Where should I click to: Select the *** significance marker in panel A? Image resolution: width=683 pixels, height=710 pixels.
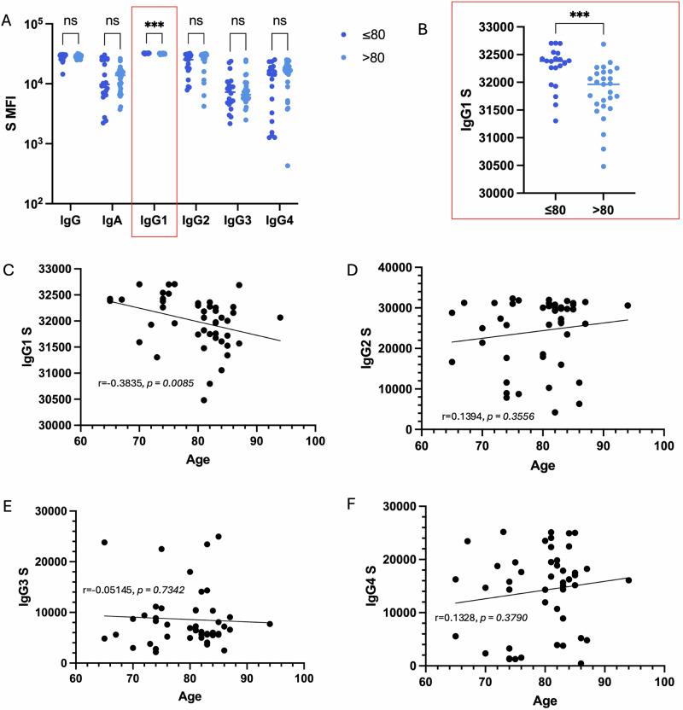(x=155, y=25)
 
